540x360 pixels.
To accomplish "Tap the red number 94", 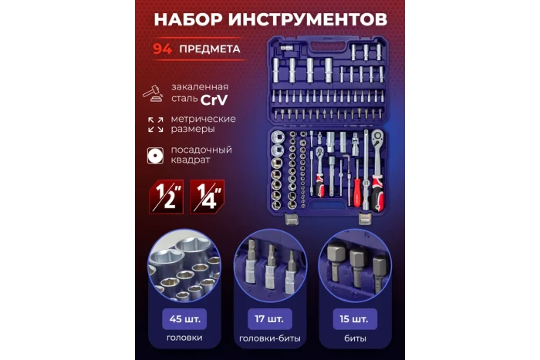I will tap(162, 49).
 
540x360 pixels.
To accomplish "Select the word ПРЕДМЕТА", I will tap(209, 49).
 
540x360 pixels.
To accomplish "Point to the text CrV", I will tap(214, 101).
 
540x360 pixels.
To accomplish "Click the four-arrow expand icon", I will tap(155, 124).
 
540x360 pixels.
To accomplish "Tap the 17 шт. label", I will tap(269, 318).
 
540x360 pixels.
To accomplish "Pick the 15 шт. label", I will tap(357, 318).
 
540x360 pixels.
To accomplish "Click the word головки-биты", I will tap(269, 338).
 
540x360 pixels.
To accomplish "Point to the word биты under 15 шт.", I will tap(357, 338).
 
